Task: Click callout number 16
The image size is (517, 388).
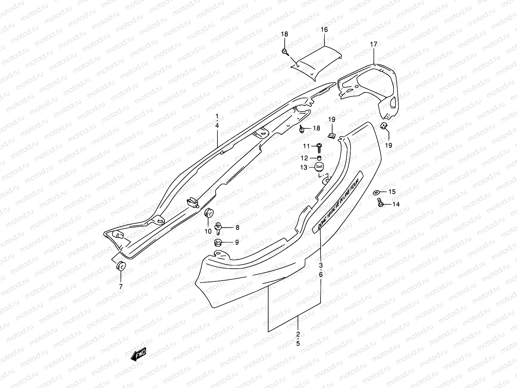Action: point(324,29)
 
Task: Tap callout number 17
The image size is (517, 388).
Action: point(373,44)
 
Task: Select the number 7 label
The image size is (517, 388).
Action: point(121,286)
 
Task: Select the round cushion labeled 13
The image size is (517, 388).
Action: point(319,167)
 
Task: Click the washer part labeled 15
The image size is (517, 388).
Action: point(377,192)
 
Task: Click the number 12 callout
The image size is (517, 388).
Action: point(304,158)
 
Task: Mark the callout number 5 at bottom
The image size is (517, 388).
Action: point(298,344)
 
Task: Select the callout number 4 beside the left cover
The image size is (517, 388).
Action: point(217,125)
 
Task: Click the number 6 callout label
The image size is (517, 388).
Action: point(321,275)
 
